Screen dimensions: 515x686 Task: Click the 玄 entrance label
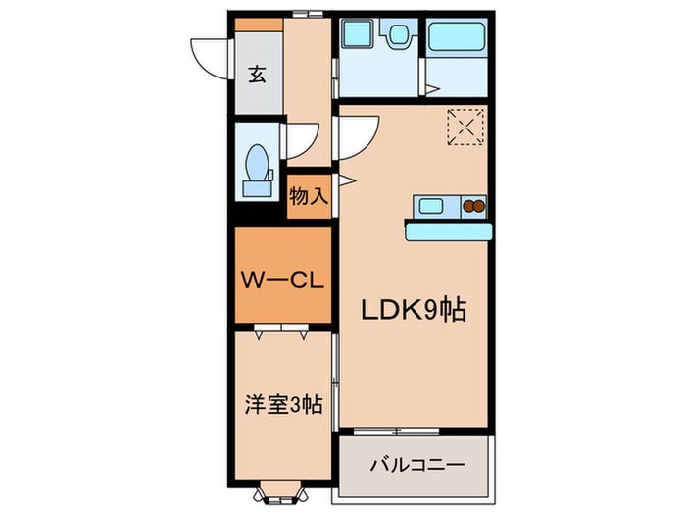coord(257,75)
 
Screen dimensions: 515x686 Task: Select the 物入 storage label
coord(309,196)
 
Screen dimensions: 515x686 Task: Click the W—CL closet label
coord(282,280)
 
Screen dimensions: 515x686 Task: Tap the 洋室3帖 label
coord(282,403)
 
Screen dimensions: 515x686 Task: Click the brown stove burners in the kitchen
coord(474,207)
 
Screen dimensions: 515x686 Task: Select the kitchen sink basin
coord(431,207)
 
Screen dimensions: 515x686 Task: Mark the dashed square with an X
coord(465,126)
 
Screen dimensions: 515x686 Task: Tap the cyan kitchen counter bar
coord(448,231)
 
